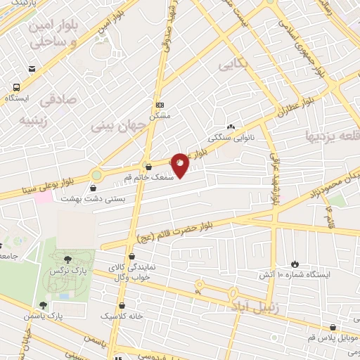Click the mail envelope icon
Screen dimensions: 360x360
tap(32, 69)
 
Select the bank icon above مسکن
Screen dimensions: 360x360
tap(160, 104)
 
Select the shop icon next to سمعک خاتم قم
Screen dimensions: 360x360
tap(148, 167)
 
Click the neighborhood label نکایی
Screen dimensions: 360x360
tap(234, 66)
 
